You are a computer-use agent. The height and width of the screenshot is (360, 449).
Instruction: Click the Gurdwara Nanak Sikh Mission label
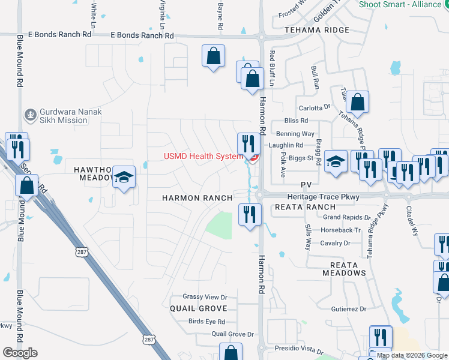pos(63,116)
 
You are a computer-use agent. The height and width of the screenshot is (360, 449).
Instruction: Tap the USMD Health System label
pos(204,157)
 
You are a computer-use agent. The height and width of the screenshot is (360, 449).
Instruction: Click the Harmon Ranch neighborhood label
pos(197,198)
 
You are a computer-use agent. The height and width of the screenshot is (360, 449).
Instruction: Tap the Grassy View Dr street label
pos(205,297)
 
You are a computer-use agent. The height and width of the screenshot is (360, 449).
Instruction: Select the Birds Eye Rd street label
pos(206,322)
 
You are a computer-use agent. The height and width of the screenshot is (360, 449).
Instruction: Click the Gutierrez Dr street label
pos(348,309)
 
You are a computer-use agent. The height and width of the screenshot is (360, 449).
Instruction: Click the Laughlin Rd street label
pos(286,145)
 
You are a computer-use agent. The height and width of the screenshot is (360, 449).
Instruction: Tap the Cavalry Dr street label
pos(335,243)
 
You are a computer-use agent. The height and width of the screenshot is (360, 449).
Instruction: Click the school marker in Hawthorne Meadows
pos(124,177)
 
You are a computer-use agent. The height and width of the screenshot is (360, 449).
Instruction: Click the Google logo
pos(20,353)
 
